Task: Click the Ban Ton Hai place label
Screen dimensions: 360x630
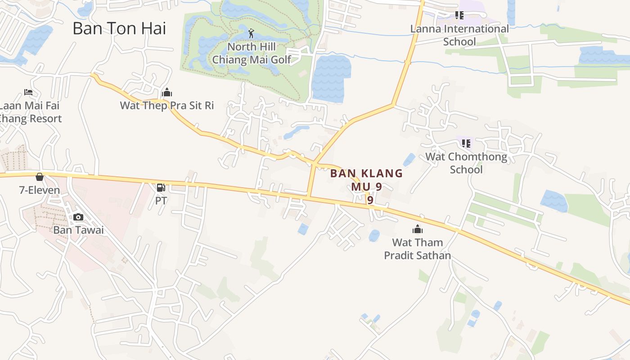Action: (x=119, y=28)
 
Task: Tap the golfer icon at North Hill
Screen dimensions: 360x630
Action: (x=252, y=33)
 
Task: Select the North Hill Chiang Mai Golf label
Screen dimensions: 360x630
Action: (x=252, y=53)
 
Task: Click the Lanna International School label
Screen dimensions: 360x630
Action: (x=459, y=35)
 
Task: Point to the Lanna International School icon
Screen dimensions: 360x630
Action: (x=459, y=15)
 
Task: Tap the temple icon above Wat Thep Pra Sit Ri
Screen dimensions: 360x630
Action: (x=167, y=93)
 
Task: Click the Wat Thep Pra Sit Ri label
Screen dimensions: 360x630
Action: (x=167, y=106)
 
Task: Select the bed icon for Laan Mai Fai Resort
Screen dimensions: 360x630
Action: (x=28, y=92)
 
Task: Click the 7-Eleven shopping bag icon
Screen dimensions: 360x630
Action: (x=40, y=177)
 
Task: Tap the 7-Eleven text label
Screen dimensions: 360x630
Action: (x=40, y=190)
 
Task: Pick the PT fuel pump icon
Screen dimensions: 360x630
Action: (x=161, y=188)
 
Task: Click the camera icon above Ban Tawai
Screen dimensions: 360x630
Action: (x=78, y=217)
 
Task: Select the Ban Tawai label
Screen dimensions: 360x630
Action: (x=78, y=230)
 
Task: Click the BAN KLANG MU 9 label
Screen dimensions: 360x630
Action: (x=367, y=180)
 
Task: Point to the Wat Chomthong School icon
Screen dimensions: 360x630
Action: (x=466, y=144)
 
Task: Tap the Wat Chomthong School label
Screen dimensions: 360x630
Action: (x=466, y=163)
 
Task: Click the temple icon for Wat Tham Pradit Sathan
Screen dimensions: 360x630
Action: (x=418, y=229)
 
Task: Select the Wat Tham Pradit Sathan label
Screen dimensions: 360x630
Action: (x=417, y=249)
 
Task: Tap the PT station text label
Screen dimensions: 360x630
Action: (x=161, y=201)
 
